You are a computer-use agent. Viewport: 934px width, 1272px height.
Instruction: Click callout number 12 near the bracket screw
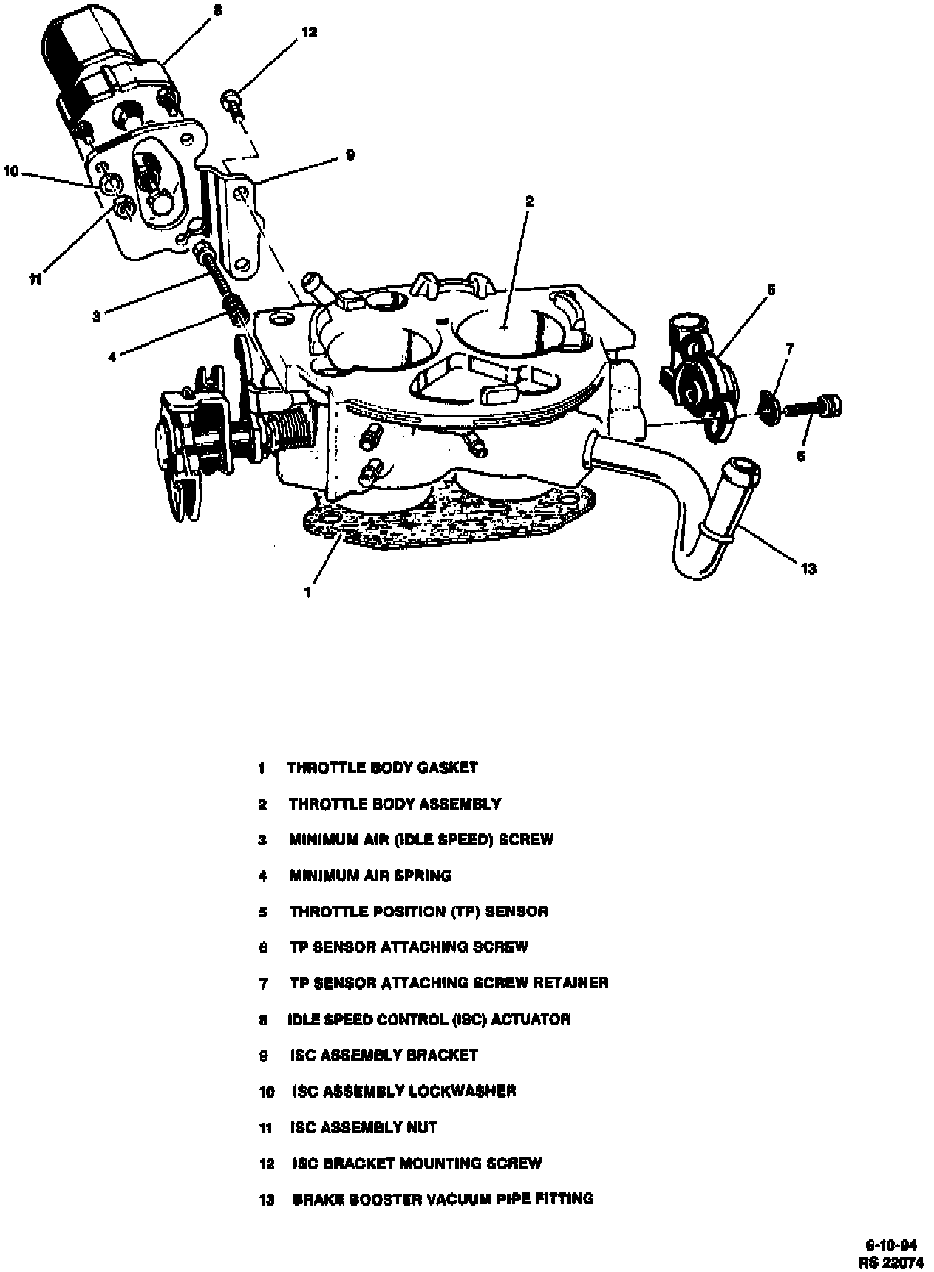[x=309, y=33]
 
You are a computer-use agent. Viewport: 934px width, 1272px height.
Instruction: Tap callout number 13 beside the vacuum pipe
[x=808, y=569]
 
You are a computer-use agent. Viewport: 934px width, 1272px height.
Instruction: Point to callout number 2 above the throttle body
[x=529, y=201]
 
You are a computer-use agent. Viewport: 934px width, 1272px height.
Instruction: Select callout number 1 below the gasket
[x=307, y=592]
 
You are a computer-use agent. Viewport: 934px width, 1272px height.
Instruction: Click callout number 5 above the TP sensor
[x=771, y=290]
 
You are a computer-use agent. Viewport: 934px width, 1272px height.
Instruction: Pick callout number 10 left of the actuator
[x=10, y=171]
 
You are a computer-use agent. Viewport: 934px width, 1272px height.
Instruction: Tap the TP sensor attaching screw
[x=813, y=406]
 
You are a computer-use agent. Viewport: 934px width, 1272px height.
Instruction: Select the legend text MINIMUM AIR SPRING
[x=370, y=875]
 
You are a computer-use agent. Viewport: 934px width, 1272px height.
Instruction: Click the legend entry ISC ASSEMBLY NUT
[x=364, y=1127]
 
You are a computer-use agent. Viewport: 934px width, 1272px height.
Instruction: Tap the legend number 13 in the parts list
[x=266, y=1199]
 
